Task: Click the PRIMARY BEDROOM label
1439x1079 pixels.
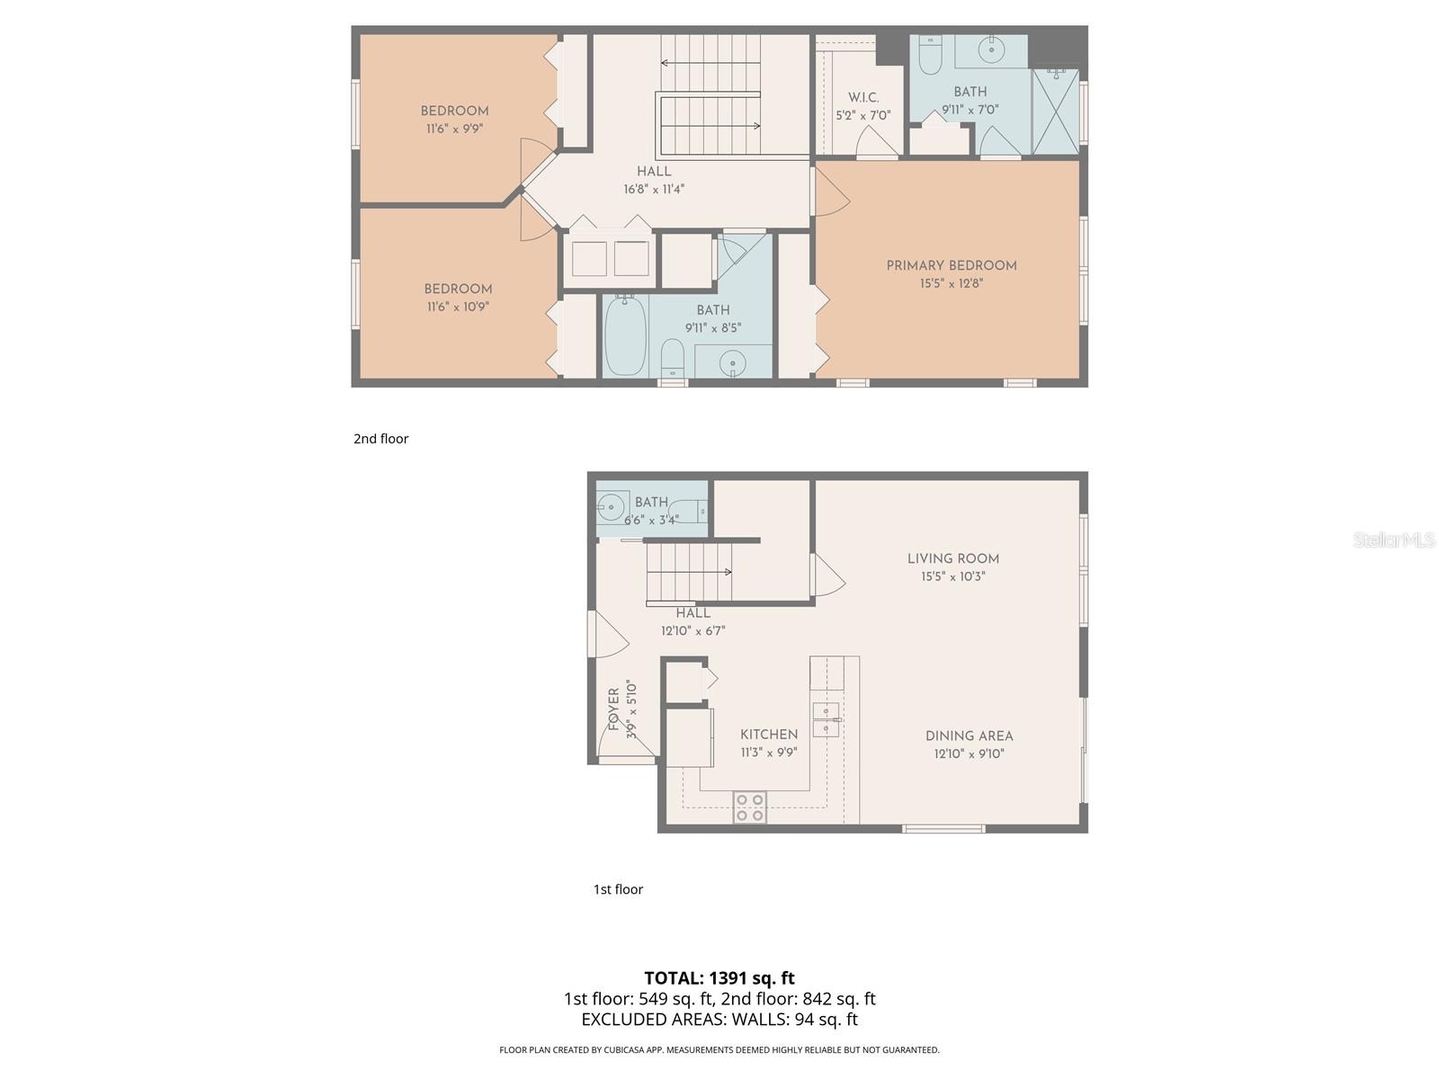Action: click(952, 265)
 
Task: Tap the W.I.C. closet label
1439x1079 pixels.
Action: click(863, 98)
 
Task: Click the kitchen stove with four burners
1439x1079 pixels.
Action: click(750, 807)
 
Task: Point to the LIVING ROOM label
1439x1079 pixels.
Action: click(953, 558)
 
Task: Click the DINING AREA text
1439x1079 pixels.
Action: click(970, 736)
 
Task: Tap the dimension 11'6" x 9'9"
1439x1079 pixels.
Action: click(454, 129)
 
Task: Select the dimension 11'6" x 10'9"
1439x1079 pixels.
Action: click(458, 307)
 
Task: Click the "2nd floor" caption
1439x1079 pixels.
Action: click(380, 439)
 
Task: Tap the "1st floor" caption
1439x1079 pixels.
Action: click(618, 889)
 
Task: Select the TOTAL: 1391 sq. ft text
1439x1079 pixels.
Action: click(719, 978)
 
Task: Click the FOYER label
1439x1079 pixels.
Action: click(614, 709)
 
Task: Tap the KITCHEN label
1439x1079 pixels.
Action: click(769, 735)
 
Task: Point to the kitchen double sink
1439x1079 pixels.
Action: click(826, 719)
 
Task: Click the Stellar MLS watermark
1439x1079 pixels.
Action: click(1394, 539)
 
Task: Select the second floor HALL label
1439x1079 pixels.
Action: click(654, 171)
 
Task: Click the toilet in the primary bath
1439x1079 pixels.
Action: click(930, 56)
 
